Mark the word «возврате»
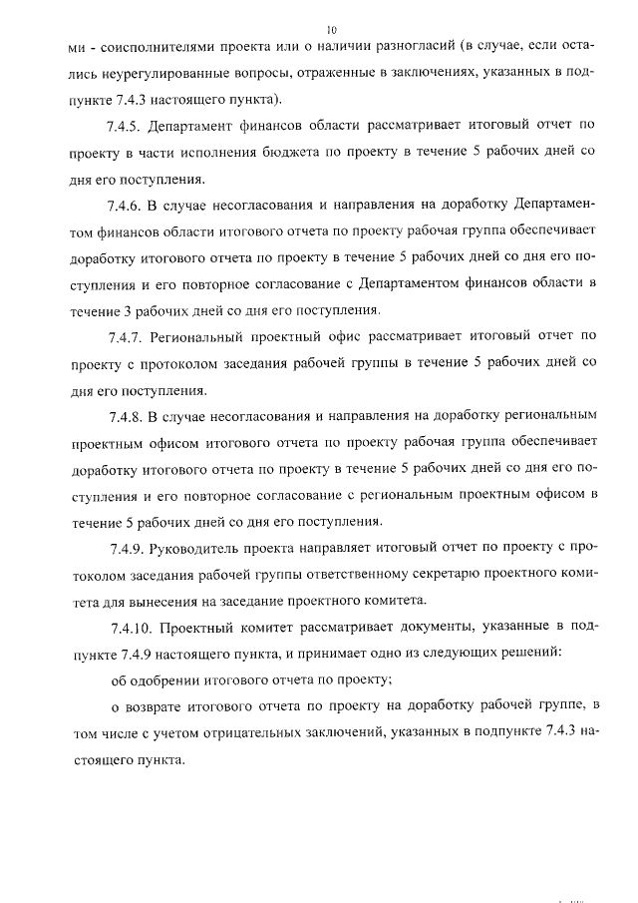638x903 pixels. pos(159,704)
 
